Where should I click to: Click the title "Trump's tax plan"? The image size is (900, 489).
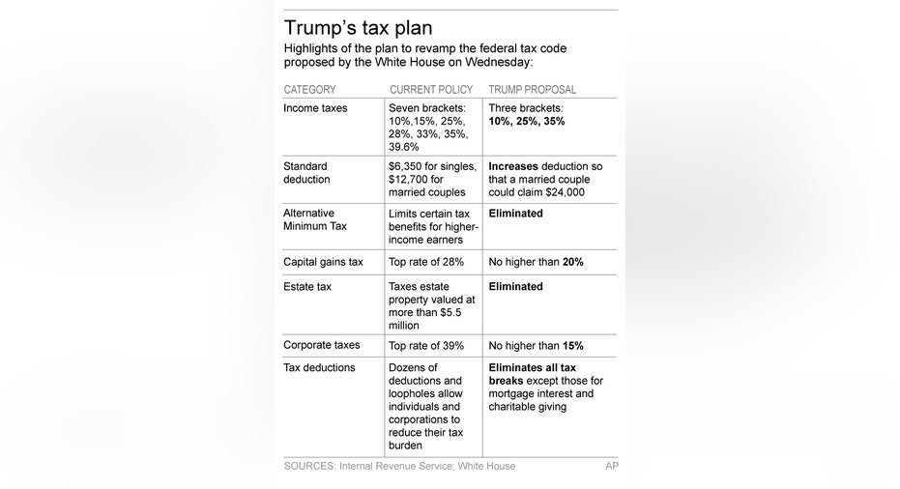point(358,28)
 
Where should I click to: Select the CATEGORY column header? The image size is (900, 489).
point(309,90)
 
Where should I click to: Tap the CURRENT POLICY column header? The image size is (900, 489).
point(431,90)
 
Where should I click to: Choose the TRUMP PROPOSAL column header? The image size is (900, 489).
point(532,90)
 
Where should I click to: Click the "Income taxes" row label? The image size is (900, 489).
point(315,108)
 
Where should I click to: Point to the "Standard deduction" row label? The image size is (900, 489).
point(306,173)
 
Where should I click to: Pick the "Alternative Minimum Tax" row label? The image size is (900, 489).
point(315,219)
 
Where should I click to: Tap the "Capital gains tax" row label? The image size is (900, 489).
point(323,262)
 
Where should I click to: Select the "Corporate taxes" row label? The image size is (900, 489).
point(321,345)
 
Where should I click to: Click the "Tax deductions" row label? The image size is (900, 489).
point(319,367)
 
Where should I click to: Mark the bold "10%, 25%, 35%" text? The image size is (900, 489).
point(526,121)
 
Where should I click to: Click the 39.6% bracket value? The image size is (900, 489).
point(403,147)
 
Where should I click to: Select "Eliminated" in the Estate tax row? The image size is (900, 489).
point(515,286)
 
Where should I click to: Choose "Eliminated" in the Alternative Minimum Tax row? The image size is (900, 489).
point(515,214)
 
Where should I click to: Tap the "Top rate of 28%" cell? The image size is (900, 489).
point(426,262)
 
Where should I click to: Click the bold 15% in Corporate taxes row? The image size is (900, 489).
point(573,346)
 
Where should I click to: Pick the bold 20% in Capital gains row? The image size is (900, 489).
point(573,262)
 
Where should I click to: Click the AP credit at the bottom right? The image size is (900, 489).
point(612,466)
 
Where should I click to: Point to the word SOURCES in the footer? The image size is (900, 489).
point(309,466)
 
